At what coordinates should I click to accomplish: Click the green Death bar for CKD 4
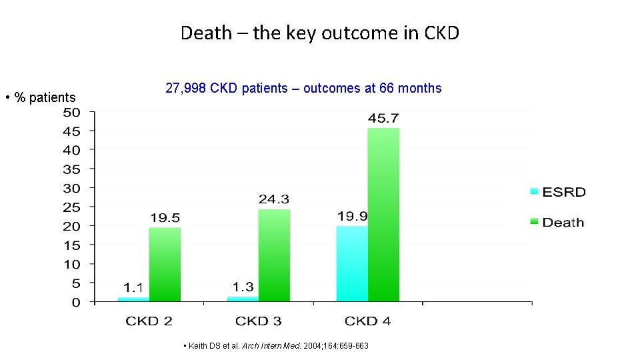(x=383, y=215)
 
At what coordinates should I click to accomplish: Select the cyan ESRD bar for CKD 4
(x=352, y=263)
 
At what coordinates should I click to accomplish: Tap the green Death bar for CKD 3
(x=274, y=255)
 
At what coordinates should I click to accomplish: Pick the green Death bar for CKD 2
(x=165, y=264)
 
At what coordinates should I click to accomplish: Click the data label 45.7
(x=383, y=118)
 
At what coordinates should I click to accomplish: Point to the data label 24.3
(x=274, y=199)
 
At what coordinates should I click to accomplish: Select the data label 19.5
(x=165, y=218)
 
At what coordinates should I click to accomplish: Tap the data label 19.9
(x=353, y=216)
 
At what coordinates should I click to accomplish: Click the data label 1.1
(x=133, y=288)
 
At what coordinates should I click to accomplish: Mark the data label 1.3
(x=243, y=287)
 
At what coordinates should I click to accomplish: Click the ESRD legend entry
(x=557, y=192)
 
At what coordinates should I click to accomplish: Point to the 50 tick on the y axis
(x=71, y=112)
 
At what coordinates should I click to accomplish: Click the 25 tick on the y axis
(x=71, y=207)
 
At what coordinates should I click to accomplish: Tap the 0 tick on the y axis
(x=75, y=303)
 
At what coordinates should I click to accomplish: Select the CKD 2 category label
(x=149, y=321)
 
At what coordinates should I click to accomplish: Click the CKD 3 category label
(x=258, y=321)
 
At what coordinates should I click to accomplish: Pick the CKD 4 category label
(x=367, y=321)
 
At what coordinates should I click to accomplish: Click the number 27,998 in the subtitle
(x=186, y=89)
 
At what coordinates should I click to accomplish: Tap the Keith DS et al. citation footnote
(x=275, y=347)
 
